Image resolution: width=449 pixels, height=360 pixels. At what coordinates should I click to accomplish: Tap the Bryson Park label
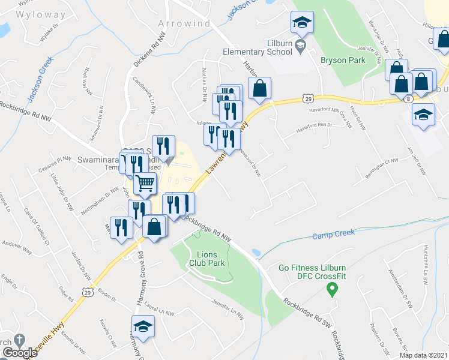342,60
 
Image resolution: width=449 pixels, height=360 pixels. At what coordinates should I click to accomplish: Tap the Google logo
19,353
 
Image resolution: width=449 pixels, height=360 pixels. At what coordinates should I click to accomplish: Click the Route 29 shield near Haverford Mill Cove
307,98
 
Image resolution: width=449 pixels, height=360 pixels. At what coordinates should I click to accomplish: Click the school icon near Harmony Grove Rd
143,326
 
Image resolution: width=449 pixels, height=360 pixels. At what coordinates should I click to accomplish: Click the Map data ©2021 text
424,355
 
